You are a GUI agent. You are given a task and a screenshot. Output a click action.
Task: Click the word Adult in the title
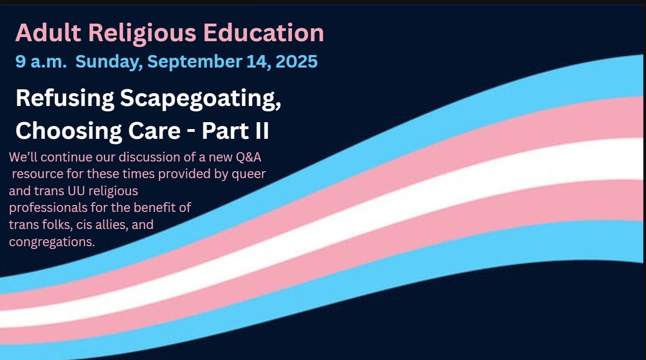48,33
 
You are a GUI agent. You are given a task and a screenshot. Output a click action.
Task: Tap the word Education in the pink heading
263,33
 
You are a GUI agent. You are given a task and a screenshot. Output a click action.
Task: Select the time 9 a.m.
41,62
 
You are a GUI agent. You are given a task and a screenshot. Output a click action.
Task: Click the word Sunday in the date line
109,62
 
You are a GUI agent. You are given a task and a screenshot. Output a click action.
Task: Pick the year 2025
296,62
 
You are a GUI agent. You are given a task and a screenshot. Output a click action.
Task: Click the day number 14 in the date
258,62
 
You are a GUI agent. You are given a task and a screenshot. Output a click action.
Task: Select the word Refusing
65,99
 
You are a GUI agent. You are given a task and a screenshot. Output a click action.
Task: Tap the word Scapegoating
201,99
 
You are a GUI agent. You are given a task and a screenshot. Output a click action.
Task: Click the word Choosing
69,131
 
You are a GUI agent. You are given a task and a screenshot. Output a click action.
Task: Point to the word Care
154,131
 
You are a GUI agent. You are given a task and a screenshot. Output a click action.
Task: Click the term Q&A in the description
248,157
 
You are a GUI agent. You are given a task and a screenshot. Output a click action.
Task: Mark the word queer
249,174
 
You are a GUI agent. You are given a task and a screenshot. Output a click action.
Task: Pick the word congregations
52,242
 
